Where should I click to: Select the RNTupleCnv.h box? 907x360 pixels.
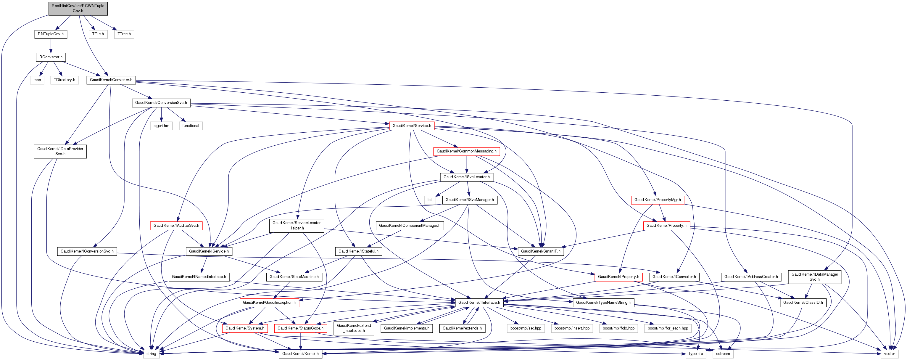click(x=51, y=34)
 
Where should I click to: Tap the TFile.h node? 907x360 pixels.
click(x=98, y=34)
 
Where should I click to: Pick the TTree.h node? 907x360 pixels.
click(x=124, y=34)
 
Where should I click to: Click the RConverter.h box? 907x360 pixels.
click(x=51, y=57)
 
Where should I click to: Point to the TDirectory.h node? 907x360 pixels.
click(x=65, y=80)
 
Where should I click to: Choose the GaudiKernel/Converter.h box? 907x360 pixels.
click(x=111, y=80)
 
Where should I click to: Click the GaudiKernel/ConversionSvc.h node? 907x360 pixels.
click(x=161, y=103)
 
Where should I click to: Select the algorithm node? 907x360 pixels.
click(x=161, y=126)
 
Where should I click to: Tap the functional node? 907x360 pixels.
click(x=191, y=126)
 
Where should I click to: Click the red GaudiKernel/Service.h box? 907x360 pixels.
click(x=412, y=126)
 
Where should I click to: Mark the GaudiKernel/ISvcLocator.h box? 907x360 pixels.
click(x=467, y=177)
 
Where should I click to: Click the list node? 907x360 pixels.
click(x=430, y=200)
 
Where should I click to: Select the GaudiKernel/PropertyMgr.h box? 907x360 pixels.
click(x=657, y=200)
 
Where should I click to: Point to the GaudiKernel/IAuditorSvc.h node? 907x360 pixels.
click(x=176, y=225)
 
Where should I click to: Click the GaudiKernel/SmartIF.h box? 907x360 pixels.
click(x=540, y=251)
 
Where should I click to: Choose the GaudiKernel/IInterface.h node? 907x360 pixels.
click(x=479, y=303)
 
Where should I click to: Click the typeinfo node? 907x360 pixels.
click(x=696, y=354)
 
